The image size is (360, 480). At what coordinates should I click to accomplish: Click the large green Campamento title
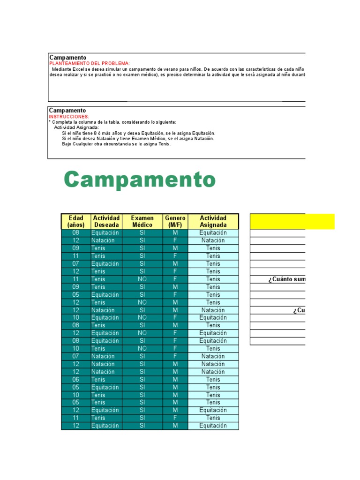pos(140,180)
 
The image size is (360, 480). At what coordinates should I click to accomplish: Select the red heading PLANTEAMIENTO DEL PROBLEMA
pos(90,63)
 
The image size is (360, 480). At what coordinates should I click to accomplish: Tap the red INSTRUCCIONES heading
pos(69,116)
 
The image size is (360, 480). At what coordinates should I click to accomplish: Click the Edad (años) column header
pos(76,221)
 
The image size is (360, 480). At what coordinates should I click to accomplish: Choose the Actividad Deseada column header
pos(106,221)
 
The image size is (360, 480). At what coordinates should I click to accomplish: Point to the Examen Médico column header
pos(142,221)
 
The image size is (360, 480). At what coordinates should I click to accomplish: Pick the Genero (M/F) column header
pos(175,221)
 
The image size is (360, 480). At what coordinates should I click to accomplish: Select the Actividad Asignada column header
pos(213,221)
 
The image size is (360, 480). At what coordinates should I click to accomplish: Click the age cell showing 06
pos(76,379)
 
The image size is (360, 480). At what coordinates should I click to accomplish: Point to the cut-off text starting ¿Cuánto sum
pos(286,279)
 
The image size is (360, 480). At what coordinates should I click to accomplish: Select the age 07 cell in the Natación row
pos(76,356)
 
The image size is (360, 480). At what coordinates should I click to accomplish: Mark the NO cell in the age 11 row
pos(142,279)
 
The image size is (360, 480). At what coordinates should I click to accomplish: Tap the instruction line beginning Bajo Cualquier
pos(116,144)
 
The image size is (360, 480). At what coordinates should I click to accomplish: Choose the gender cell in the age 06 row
pos(175,379)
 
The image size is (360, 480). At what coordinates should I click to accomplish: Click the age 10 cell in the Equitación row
pos(76,318)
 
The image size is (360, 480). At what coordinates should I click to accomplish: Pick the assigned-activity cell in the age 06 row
pos(213,379)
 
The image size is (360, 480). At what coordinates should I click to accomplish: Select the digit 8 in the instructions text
pos(95,133)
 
